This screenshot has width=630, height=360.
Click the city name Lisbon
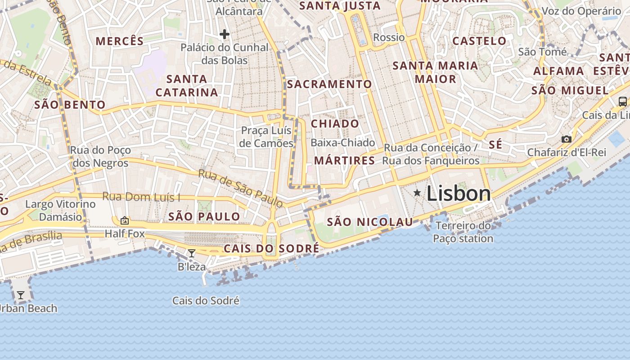point(458,193)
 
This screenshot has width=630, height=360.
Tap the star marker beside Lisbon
point(417,193)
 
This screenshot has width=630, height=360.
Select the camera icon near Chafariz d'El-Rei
point(567,139)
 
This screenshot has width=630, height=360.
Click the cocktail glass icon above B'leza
point(191,253)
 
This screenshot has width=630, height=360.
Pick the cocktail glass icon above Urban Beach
point(21,295)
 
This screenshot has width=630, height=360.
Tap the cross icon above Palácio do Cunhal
point(224,34)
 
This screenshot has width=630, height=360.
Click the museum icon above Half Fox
point(125,220)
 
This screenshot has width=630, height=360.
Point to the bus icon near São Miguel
point(623,101)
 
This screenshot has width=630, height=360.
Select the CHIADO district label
point(335,124)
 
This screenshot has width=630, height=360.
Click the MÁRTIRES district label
point(344,161)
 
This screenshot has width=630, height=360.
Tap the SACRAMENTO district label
point(329,84)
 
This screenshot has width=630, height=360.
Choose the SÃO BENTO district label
point(70,105)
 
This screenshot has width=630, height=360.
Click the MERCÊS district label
point(120,41)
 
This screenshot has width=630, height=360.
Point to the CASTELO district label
point(479,41)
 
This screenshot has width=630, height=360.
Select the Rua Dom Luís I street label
point(141,197)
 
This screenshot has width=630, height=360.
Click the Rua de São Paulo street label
point(241,188)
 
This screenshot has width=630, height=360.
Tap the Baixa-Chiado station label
point(342,143)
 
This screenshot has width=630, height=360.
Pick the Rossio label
point(389,37)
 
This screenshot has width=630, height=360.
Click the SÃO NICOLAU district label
point(369,222)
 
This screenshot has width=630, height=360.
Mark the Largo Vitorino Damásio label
point(60,210)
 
